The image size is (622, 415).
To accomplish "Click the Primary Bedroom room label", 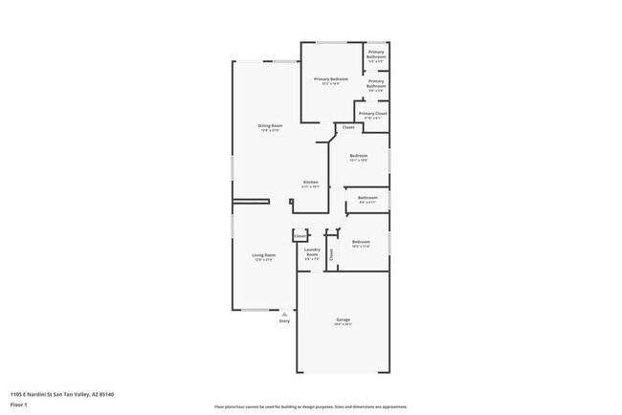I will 332,78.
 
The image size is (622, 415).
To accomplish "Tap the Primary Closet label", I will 373,113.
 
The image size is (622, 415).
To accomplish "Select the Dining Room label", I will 270,125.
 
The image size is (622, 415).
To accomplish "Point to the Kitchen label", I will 310,182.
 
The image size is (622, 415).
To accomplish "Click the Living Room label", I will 264,255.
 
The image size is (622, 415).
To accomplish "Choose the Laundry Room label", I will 311,252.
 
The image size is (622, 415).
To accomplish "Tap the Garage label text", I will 343,318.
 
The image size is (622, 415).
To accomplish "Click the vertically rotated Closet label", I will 331,254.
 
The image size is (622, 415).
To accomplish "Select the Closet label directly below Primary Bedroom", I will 348,127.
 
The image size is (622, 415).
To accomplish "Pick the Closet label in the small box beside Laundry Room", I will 300,235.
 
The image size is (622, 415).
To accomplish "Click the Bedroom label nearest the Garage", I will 360,242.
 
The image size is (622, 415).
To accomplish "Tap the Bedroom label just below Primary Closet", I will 359,155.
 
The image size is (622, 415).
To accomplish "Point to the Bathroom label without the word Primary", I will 367,198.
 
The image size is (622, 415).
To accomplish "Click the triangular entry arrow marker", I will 284,313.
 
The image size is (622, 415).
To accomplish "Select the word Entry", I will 284,321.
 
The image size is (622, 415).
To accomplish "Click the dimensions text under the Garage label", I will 343,324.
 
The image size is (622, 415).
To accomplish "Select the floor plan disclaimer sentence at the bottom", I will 310,406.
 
